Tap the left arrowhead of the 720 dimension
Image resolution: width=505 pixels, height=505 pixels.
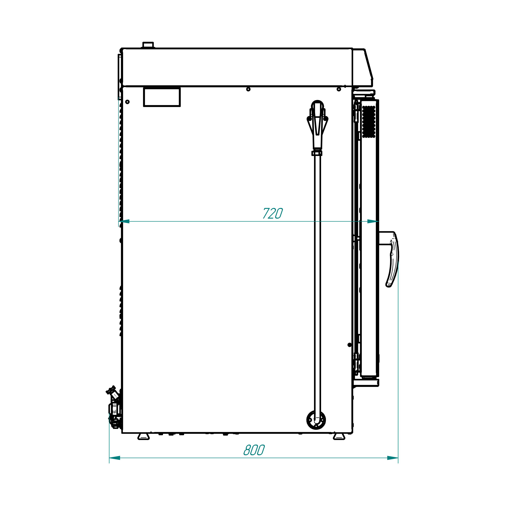tap(124, 221)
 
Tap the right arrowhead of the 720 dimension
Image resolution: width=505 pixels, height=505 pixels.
tap(373, 221)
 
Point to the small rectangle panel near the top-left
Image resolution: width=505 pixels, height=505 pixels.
tap(162, 97)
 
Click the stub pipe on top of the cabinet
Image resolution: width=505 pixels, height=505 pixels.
tap(148, 45)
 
